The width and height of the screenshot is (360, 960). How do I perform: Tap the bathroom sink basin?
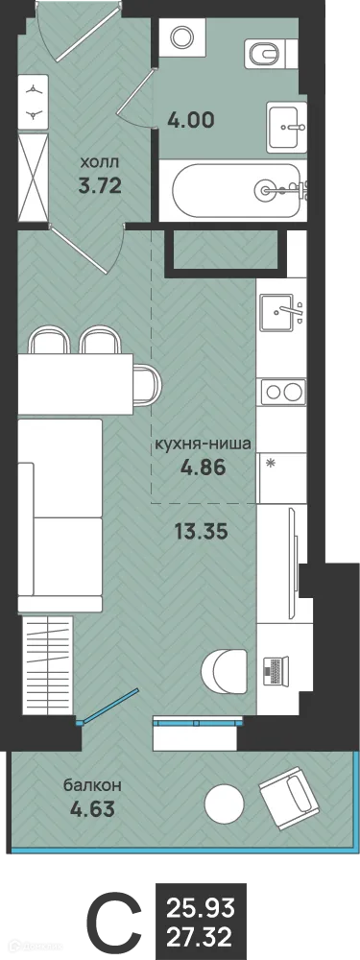(x=287, y=125)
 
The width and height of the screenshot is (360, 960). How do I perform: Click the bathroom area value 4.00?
(x=190, y=121)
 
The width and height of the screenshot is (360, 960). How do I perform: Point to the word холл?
(x=99, y=164)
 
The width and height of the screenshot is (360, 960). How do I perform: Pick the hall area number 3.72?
(x=99, y=185)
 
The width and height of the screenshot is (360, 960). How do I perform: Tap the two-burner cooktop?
(x=281, y=391)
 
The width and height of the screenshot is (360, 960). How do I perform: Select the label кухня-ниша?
(x=204, y=444)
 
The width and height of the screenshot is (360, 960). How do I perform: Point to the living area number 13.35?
(x=203, y=529)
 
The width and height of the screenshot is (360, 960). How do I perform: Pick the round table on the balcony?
(x=225, y=801)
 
